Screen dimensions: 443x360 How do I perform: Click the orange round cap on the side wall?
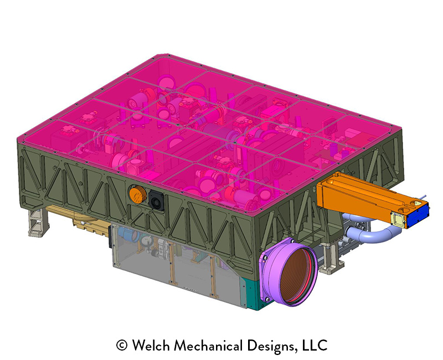coord(137,195)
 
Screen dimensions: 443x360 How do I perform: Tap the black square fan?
coord(156,200)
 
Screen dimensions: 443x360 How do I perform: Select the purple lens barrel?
coord(289,271)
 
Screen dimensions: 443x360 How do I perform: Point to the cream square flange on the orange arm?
coord(399,219)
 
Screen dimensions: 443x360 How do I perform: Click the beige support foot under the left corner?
coord(38,223)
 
